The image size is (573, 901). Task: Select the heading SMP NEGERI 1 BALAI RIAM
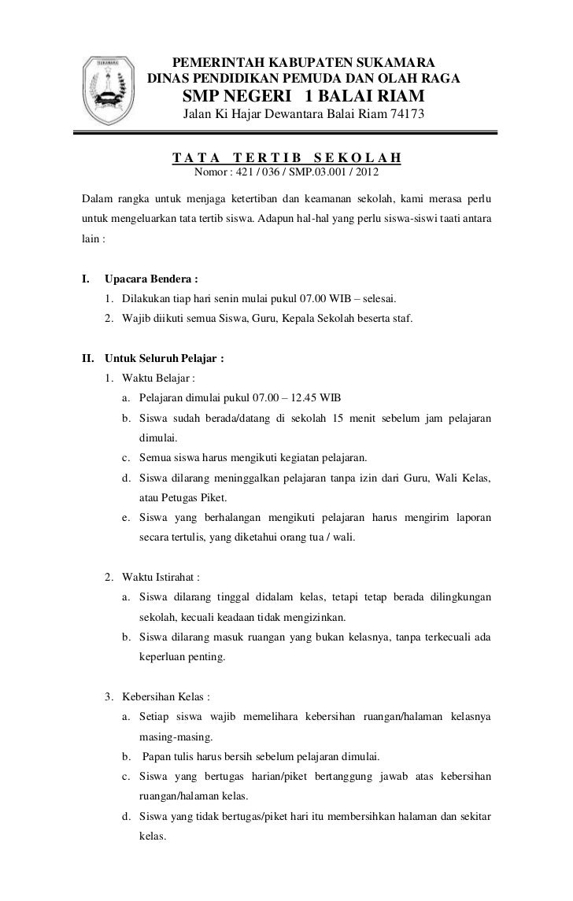(x=303, y=97)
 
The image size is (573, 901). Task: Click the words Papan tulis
(x=169, y=757)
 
